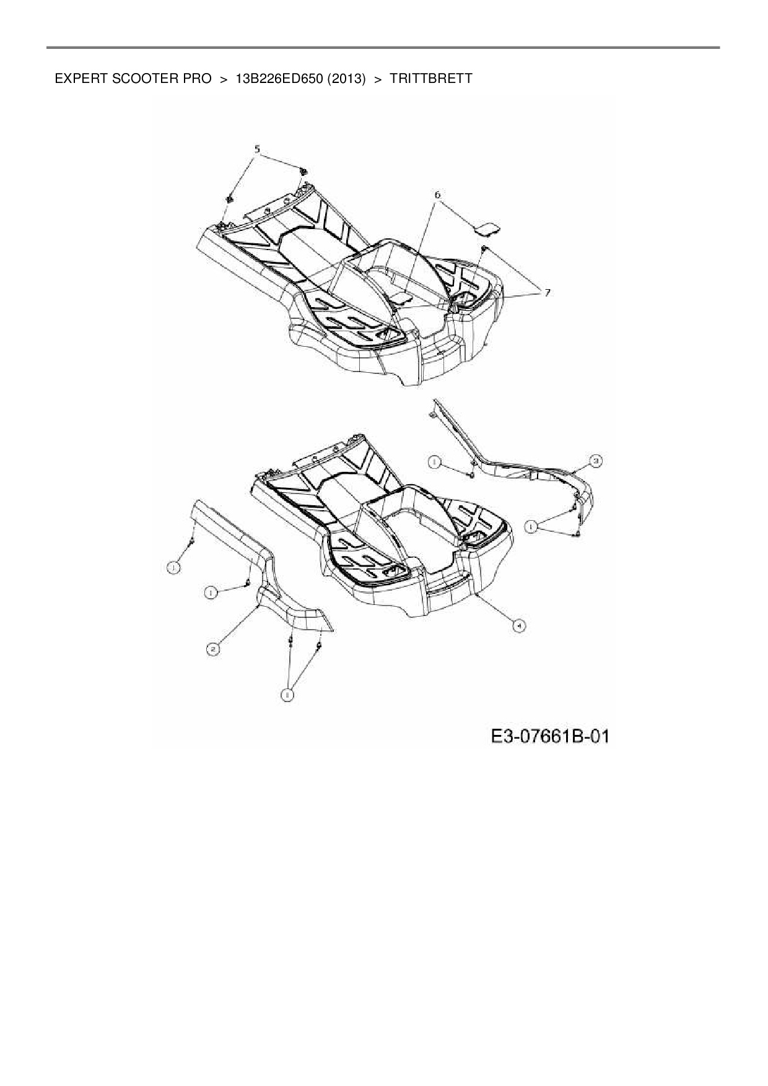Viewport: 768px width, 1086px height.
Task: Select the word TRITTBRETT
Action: point(431,79)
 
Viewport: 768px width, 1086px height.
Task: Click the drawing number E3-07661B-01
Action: point(550,736)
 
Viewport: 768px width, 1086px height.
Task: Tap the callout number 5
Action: point(257,149)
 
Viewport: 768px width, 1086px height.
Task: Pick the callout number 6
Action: point(437,194)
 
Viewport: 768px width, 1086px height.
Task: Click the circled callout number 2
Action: point(212,649)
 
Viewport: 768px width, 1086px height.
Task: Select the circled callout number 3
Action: point(595,461)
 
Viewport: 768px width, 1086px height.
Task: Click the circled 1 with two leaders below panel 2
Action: point(287,695)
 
